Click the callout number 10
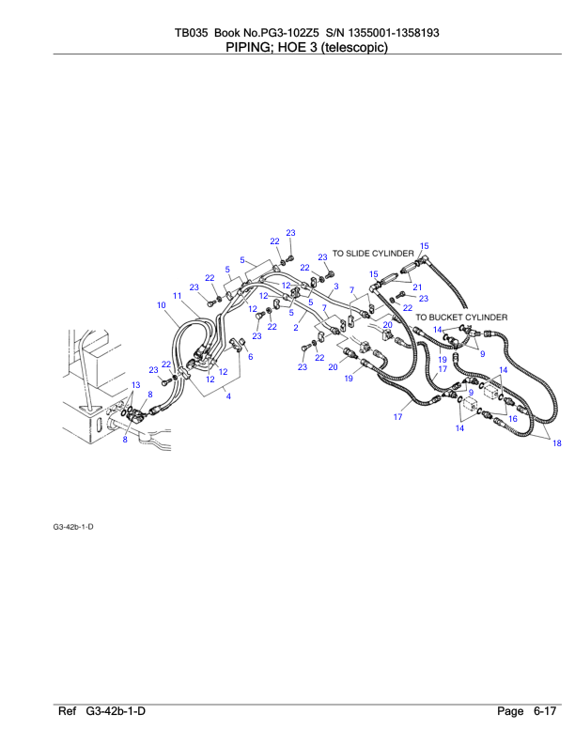[162, 305]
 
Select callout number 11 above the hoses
[177, 296]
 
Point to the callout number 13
[135, 385]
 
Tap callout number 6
[251, 356]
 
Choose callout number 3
[335, 286]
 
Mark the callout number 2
[296, 329]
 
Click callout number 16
[512, 419]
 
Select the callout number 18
[556, 443]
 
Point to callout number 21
[417, 287]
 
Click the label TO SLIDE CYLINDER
[373, 253]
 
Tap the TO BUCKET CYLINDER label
[461, 318]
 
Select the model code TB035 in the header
[192, 33]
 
